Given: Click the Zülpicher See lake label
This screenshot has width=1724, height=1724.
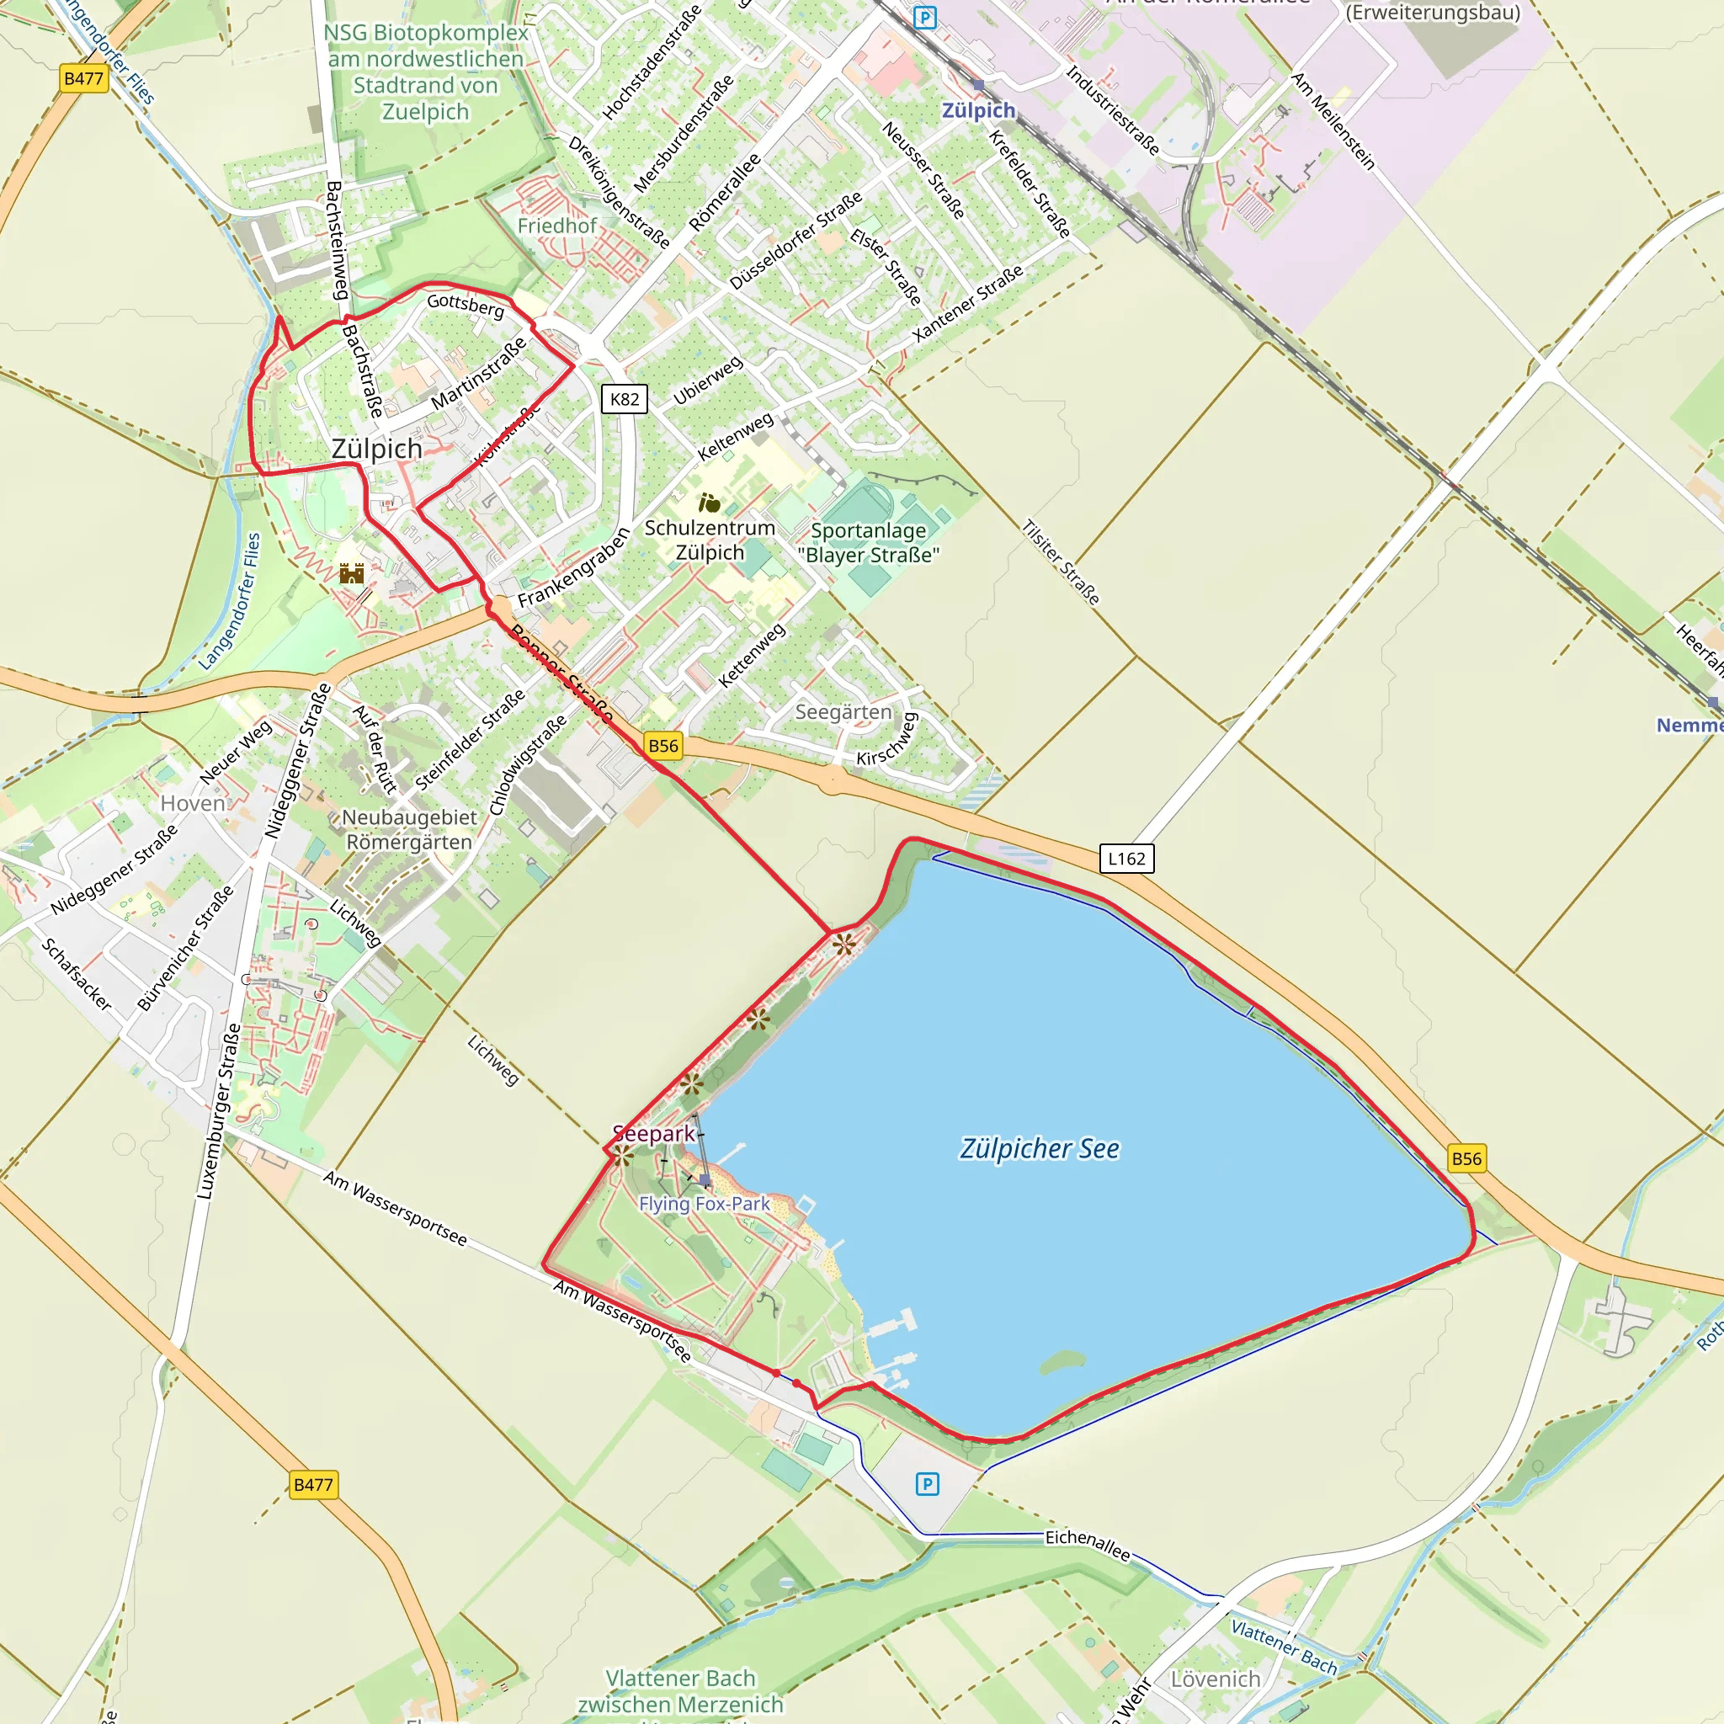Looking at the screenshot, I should pyautogui.click(x=1040, y=1148).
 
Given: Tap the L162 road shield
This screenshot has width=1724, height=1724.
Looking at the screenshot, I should pyautogui.click(x=1126, y=859).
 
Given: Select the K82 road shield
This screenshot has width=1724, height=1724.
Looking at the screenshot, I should pyautogui.click(x=624, y=399).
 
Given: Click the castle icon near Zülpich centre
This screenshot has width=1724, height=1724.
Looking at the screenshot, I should pyautogui.click(x=352, y=573).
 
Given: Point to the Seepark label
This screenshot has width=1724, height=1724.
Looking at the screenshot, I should pyautogui.click(x=654, y=1133).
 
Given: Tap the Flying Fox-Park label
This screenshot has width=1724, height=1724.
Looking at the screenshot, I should pyautogui.click(x=704, y=1204).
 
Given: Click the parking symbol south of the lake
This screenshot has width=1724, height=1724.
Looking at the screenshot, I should pyautogui.click(x=927, y=1484).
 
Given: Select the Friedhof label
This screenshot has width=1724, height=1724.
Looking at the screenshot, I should pyautogui.click(x=556, y=226).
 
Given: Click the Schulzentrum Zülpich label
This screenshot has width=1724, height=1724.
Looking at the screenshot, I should pyautogui.click(x=710, y=540).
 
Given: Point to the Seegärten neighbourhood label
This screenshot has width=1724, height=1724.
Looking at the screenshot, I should pyautogui.click(x=843, y=712).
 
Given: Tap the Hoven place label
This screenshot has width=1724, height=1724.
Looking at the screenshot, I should pyautogui.click(x=193, y=803).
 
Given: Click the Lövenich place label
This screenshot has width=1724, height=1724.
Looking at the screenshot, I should pyautogui.click(x=1216, y=1679).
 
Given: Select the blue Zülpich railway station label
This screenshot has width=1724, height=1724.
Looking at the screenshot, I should pyautogui.click(x=979, y=110).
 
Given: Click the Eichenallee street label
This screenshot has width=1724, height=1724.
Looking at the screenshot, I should pyautogui.click(x=1088, y=1545).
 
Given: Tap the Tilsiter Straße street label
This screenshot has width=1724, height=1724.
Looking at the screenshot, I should pyautogui.click(x=1060, y=562).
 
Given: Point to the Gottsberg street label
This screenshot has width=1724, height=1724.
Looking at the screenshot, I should pyautogui.click(x=465, y=306).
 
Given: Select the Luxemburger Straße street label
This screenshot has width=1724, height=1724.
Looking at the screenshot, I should pyautogui.click(x=219, y=1112).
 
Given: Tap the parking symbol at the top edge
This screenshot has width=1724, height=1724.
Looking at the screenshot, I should pyautogui.click(x=925, y=18).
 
